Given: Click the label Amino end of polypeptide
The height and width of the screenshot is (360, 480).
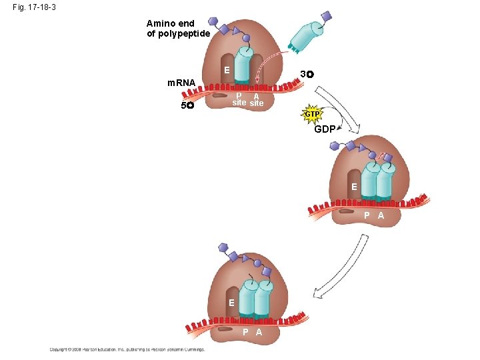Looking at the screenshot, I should click(178, 29).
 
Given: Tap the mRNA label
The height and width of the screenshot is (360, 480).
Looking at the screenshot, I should click(181, 83).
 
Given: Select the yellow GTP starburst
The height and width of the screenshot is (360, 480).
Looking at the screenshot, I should click(312, 115).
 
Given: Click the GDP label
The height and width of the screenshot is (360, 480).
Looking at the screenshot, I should click(325, 129).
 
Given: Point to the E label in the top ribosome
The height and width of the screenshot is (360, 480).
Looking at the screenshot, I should click(227, 70).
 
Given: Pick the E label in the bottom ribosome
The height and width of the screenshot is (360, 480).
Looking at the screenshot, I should click(231, 303).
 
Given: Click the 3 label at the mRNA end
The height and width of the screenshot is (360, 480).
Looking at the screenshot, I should click(306, 73).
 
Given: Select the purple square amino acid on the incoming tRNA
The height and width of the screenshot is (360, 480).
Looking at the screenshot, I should click(326, 15).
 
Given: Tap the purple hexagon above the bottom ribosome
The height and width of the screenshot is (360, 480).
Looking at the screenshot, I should click(224, 247).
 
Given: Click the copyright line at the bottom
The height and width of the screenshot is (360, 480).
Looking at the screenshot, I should click(127, 349).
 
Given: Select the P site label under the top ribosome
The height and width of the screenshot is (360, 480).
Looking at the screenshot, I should click(238, 99).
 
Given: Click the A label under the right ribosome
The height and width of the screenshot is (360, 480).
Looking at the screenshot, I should click(381, 215).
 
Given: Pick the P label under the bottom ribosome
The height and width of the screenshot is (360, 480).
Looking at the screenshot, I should click(245, 332).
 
